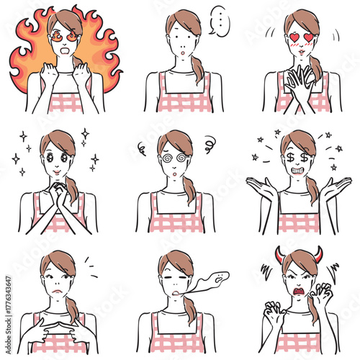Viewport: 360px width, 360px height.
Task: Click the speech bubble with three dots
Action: [218, 21]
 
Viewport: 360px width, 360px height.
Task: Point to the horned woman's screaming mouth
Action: [297, 292]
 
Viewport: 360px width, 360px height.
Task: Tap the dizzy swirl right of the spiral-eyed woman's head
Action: [210, 142]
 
